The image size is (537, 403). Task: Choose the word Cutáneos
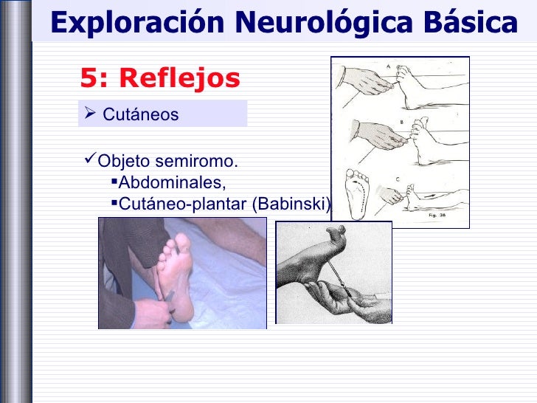click(140, 114)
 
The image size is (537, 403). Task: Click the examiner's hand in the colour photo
click(151, 310)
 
